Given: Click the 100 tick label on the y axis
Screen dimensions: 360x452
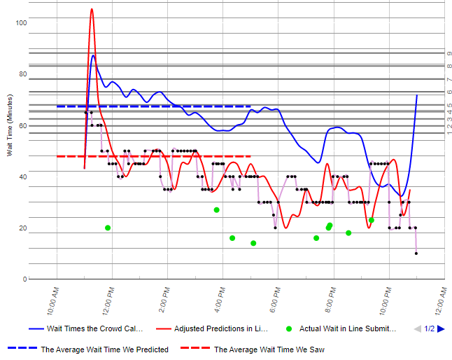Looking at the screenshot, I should (21, 23).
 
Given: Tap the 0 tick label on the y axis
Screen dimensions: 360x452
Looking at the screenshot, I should (24, 279).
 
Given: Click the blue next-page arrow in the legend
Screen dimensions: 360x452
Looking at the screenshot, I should (441, 328).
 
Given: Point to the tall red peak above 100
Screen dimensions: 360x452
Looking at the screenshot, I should (92, 10).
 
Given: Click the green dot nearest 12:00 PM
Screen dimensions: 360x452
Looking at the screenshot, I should (108, 228).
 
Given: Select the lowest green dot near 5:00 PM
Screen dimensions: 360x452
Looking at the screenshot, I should (253, 243).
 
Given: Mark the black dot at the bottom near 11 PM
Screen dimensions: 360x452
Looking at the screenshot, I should (416, 253).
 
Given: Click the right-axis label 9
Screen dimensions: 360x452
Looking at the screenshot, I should (449, 53).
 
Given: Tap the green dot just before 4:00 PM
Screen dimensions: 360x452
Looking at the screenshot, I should (217, 209).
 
